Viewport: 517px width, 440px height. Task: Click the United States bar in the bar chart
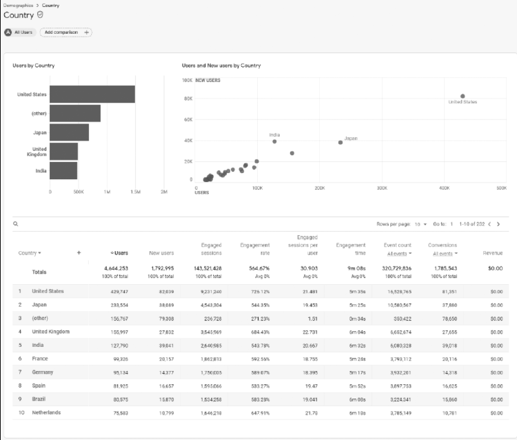click(92, 94)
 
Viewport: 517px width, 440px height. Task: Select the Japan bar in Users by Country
click(69, 132)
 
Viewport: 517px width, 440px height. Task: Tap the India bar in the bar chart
click(63, 170)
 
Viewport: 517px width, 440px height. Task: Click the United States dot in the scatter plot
click(463, 96)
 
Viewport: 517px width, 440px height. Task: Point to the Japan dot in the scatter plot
click(341, 142)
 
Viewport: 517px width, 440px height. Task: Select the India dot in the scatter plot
click(274, 141)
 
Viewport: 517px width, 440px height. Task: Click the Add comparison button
click(65, 32)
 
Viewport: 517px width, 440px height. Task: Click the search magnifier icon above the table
click(15, 224)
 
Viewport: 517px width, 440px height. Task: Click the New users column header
click(161, 253)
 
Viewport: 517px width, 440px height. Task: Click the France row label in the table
click(40, 359)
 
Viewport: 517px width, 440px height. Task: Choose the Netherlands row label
click(46, 412)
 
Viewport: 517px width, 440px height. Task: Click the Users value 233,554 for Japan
click(119, 305)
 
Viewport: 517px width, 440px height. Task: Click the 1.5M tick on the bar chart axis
click(135, 192)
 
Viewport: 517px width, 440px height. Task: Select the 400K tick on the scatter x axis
click(444, 187)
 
